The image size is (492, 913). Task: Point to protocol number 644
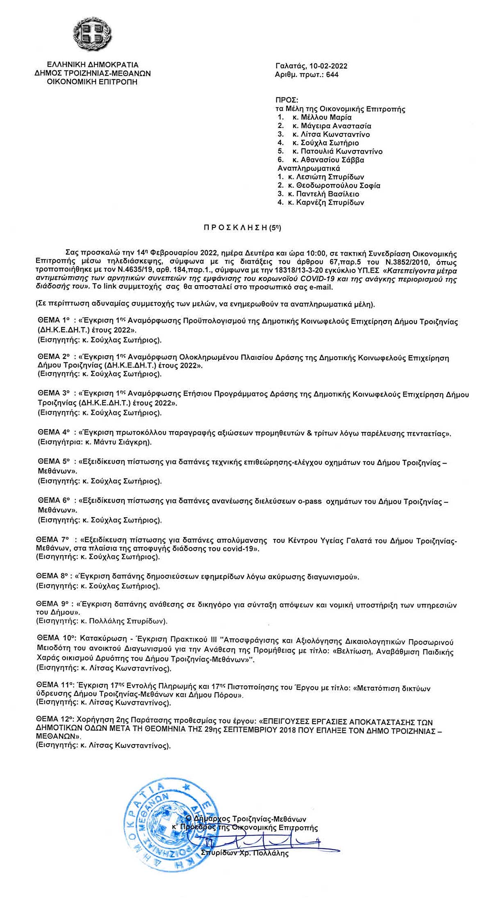(333, 75)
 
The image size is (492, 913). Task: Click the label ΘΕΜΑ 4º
(54, 432)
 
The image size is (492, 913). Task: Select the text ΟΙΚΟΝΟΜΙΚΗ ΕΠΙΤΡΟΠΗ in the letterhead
(93, 82)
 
